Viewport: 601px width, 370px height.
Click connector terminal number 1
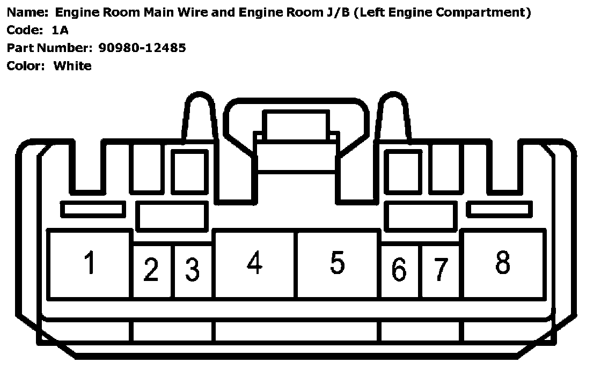[x=90, y=264]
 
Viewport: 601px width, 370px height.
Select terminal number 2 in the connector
[x=152, y=270]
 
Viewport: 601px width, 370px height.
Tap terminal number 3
[x=192, y=270]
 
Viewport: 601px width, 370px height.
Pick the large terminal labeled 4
[x=254, y=264]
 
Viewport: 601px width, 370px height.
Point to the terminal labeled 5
[x=337, y=264]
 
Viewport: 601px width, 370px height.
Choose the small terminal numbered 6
[x=399, y=270]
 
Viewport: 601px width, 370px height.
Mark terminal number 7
[x=440, y=270]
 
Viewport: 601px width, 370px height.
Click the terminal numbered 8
[x=503, y=264]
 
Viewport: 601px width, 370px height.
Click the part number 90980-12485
[x=142, y=48]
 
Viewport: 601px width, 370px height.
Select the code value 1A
[x=59, y=30]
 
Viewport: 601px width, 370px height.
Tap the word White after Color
[x=72, y=66]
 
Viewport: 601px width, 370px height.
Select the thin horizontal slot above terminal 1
[x=93, y=209]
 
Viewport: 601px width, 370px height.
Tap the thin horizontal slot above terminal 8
[x=500, y=209]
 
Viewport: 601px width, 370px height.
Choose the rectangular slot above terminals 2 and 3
[x=172, y=216]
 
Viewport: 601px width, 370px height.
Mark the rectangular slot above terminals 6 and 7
[x=421, y=216]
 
